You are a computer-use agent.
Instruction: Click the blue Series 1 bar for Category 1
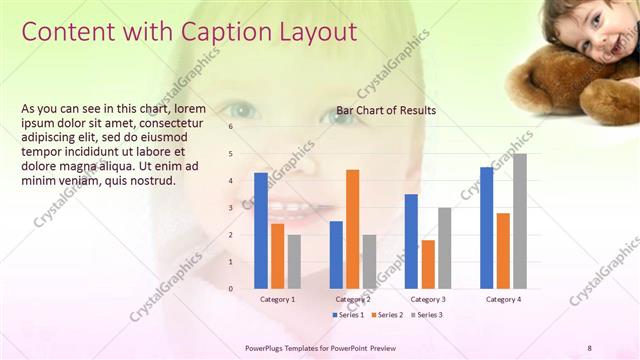tap(261, 231)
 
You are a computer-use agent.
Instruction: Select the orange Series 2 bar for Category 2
tap(352, 229)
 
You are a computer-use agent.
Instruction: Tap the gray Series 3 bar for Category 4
tap(519, 221)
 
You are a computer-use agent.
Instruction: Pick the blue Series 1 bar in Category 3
tap(411, 241)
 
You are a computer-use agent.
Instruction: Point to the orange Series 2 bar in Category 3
tap(428, 264)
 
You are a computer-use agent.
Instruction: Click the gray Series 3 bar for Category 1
tap(294, 262)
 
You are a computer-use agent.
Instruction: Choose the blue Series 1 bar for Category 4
tap(486, 228)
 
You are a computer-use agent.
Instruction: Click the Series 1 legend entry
tap(347, 315)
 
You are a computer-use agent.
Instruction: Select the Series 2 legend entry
tap(386, 315)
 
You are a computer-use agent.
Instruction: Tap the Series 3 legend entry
tap(425, 315)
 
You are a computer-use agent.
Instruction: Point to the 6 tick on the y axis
tap(231, 127)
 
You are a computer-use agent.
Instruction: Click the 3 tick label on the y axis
tap(231, 208)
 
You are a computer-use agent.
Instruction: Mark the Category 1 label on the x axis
tap(277, 299)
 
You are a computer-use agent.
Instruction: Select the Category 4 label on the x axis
tap(502, 299)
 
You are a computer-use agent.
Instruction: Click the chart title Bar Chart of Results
tap(386, 110)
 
